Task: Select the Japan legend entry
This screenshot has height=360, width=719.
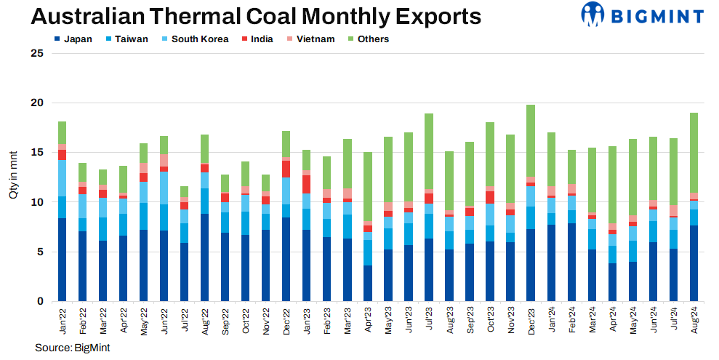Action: [73, 39]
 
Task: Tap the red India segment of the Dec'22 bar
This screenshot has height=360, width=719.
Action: [286, 169]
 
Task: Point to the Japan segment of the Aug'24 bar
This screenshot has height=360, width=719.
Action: [694, 263]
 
